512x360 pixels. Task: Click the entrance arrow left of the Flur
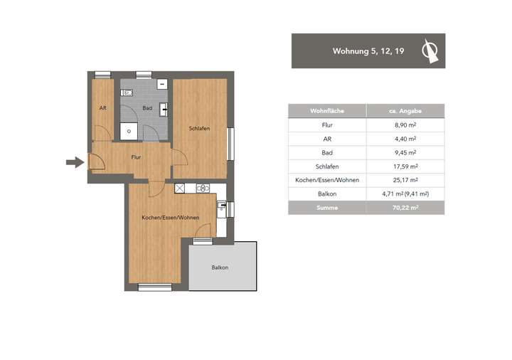(x=74, y=163)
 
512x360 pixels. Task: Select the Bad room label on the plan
(x=147, y=108)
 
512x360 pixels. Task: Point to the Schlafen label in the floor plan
(x=199, y=129)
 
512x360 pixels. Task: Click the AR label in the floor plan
(x=102, y=108)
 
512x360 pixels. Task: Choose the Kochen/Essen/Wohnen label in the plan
(x=170, y=217)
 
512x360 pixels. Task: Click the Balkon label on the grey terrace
(x=220, y=268)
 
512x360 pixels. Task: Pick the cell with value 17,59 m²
(x=405, y=166)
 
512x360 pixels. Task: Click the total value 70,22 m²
(x=405, y=208)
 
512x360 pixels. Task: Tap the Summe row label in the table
(x=326, y=208)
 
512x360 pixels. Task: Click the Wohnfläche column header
(x=326, y=110)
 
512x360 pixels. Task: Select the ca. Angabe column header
(x=405, y=110)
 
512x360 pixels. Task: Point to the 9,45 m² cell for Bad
(x=405, y=152)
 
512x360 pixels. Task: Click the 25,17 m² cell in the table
(x=405, y=180)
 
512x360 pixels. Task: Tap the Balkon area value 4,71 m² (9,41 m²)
(x=405, y=194)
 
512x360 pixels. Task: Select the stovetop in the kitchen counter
(x=202, y=189)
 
